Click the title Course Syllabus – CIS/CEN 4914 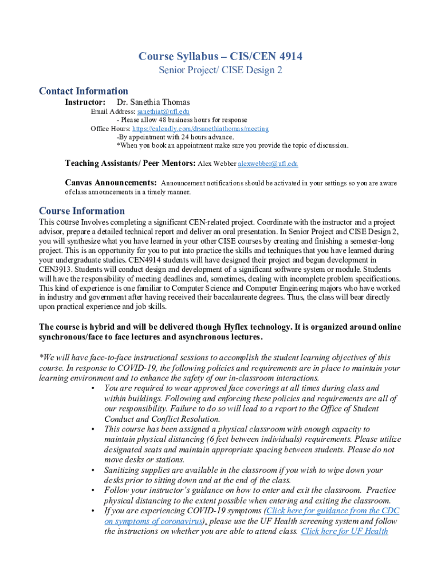pos(220,56)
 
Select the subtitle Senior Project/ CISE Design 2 pos(220,70)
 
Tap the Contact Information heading pos(83,91)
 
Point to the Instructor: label pos(85,102)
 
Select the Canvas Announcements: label pos(111,183)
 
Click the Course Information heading pos(81,211)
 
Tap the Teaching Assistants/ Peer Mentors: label pos(130,164)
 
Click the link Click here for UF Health pos(344,531)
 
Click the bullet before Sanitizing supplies pos(93,470)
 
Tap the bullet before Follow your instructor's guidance pos(93,490)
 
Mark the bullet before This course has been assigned pos(93,429)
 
